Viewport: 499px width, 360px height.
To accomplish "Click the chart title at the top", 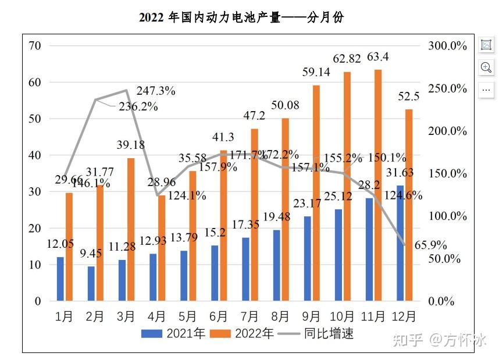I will point(241,17).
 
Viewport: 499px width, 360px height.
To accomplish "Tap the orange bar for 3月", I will point(130,229).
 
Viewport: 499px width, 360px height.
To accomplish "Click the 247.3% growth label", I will point(156,91).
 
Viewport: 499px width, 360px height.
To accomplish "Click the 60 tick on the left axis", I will point(35,82).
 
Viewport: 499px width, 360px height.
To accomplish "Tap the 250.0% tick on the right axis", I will point(447,88).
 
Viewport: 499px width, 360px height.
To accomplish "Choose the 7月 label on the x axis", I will point(249,316).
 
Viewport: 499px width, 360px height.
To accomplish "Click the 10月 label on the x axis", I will point(342,316).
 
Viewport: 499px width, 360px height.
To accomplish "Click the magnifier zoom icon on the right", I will point(486,67).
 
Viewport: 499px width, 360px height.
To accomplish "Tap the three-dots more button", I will point(486,90).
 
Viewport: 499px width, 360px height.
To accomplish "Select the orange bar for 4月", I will point(161,248).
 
